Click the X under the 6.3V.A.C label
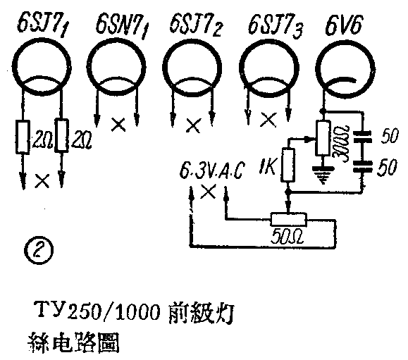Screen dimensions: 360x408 tap(207, 192)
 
